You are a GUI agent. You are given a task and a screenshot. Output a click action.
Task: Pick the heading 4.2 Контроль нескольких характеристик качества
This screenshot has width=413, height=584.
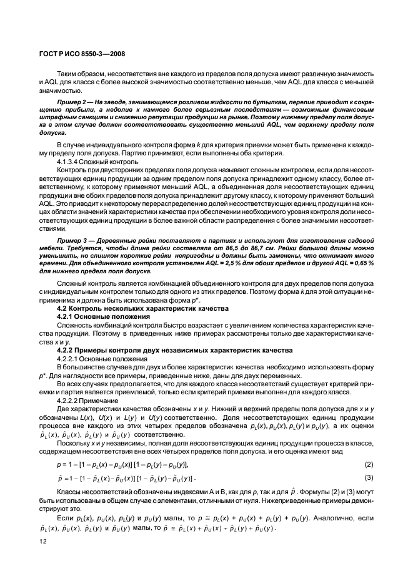(134, 308)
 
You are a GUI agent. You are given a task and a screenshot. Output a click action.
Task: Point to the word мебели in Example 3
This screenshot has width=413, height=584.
(52, 250)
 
